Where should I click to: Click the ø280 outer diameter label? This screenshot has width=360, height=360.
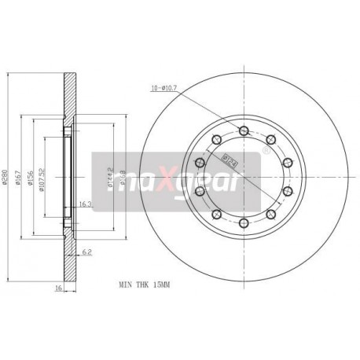(6, 182)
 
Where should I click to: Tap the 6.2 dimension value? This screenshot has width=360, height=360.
(87, 253)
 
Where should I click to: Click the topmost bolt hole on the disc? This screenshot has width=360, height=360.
(243, 130)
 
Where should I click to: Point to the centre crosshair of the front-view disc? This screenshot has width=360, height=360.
(243, 178)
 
